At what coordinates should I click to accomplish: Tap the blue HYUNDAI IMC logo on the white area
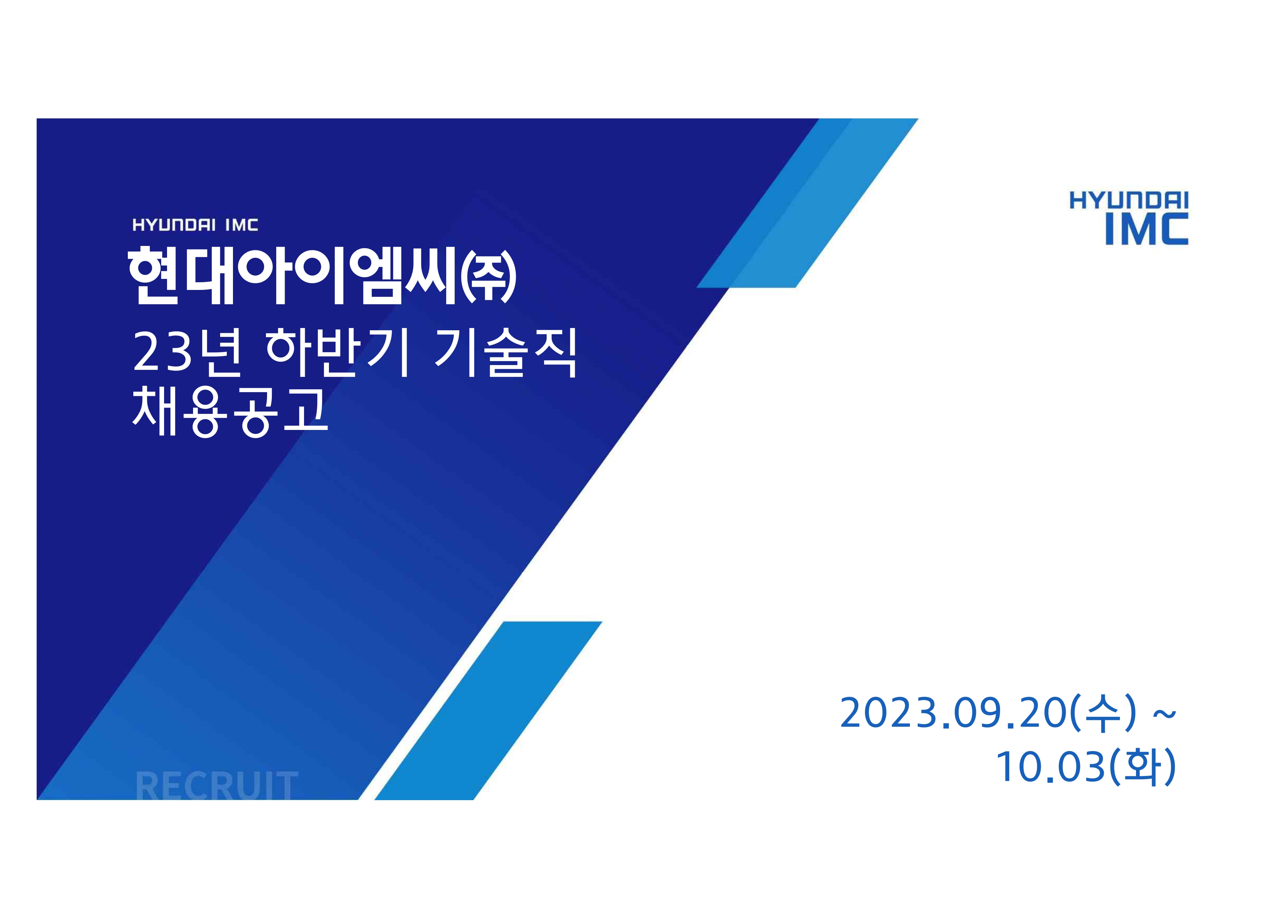coord(1129,218)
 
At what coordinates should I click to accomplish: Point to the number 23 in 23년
coord(163,353)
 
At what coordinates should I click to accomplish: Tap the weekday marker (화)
coord(1142,767)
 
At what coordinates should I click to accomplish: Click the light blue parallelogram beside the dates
coord(488,710)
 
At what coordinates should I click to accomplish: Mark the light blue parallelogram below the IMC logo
coord(807,203)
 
